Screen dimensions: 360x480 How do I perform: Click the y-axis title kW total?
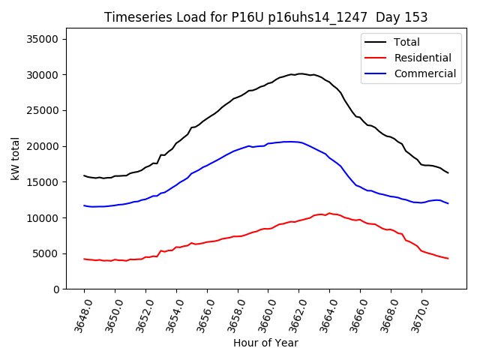point(16,159)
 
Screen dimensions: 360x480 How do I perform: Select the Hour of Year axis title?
point(265,343)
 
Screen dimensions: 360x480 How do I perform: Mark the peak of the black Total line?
point(300,73)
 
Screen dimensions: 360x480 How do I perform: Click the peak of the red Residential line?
point(329,213)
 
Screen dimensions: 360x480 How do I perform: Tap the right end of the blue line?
point(448,203)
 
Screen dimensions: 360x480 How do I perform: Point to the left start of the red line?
point(84,259)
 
